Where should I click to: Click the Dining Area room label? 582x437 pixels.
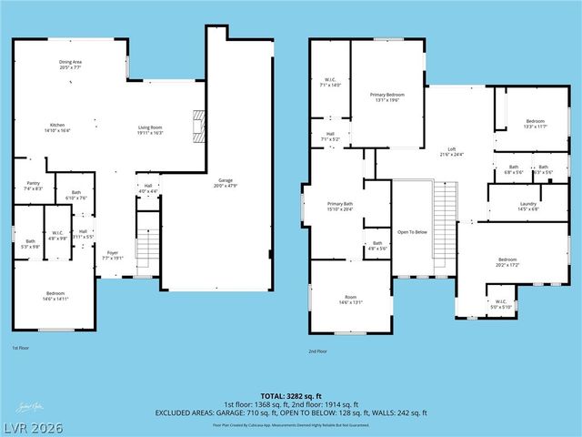pyautogui.click(x=72, y=65)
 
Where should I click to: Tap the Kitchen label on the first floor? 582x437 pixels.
pyautogui.click(x=57, y=127)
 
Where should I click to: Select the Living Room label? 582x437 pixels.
pyautogui.click(x=150, y=130)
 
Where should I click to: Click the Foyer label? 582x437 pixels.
pyautogui.click(x=113, y=255)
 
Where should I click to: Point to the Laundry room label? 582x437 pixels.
pyautogui.click(x=528, y=206)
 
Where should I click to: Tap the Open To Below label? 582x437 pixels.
pyautogui.click(x=412, y=232)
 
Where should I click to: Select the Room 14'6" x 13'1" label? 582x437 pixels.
pyautogui.click(x=349, y=300)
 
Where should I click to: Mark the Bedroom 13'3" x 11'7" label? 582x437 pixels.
pyautogui.click(x=535, y=124)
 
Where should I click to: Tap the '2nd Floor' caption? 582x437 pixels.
pyautogui.click(x=318, y=350)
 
